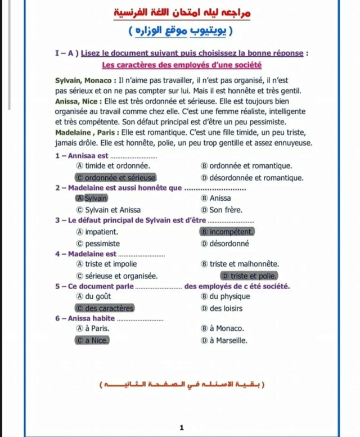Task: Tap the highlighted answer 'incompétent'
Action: (227, 231)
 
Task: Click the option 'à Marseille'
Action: (228, 340)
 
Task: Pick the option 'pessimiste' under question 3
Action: (102, 244)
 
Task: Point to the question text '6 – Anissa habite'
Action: (81, 318)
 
